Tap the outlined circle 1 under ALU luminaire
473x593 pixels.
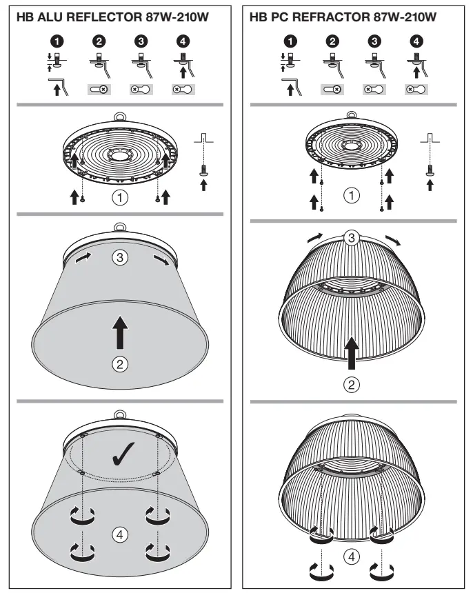tap(121, 199)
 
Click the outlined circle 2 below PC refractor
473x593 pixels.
tap(352, 385)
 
